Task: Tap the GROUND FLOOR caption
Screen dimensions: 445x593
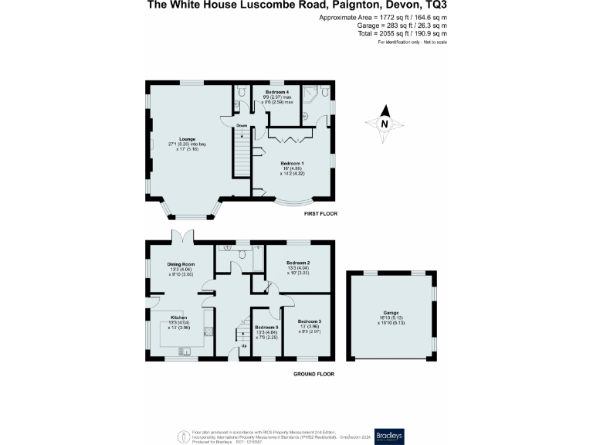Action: (313, 374)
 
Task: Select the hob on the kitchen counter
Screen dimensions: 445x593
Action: (208, 334)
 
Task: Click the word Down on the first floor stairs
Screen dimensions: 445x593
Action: (242, 125)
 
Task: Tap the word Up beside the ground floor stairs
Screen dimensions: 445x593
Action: (245, 346)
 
